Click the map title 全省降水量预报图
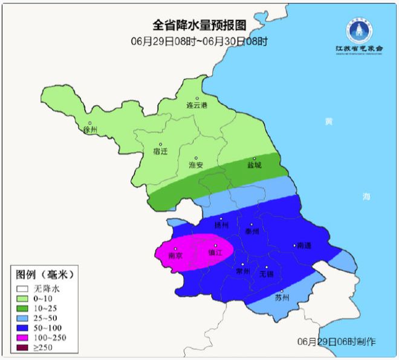199,26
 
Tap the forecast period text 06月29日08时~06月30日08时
199,42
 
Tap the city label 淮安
196,164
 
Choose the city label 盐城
255,165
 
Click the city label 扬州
222,225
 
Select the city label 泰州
252,231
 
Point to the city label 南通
303,246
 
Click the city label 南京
175,256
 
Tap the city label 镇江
215,252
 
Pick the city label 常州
243,271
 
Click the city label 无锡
267,274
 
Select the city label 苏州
282,298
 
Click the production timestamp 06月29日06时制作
336,342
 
